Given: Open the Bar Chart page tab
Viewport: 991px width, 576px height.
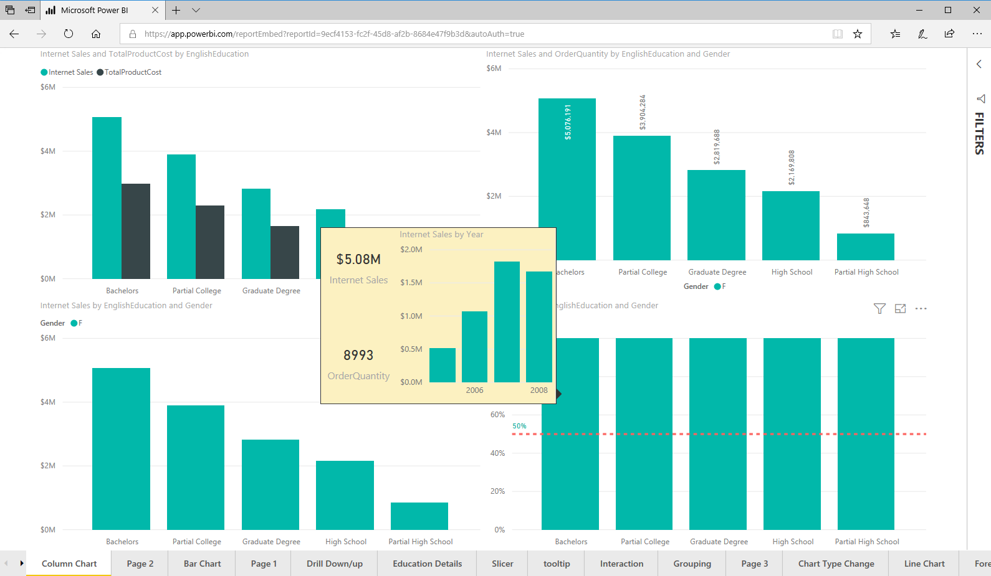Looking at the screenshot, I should (x=202, y=564).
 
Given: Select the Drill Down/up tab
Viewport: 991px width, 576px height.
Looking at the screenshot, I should (x=334, y=564).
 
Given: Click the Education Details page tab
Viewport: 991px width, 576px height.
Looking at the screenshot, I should (x=427, y=564).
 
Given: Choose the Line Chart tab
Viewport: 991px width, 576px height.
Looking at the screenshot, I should (x=924, y=564).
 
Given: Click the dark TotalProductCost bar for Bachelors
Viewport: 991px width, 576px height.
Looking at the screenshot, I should (x=136, y=231).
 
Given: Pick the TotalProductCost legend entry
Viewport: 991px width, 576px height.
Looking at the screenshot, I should (x=132, y=72).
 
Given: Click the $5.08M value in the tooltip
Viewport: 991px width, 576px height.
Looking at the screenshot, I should (x=358, y=259).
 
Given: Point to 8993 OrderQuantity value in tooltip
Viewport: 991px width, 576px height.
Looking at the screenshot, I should (x=358, y=355).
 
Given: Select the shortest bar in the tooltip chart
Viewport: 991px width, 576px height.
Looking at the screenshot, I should (x=443, y=365).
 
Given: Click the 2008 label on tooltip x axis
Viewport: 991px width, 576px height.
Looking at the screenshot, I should (x=539, y=390).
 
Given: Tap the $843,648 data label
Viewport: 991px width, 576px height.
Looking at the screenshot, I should (x=866, y=213).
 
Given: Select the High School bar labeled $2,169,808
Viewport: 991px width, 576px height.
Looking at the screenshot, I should (x=791, y=225).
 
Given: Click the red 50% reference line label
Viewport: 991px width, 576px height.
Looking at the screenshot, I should (x=519, y=426).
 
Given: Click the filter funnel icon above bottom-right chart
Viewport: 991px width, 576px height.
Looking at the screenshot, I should (x=879, y=309).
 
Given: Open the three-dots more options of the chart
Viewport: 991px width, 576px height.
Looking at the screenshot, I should (x=921, y=309).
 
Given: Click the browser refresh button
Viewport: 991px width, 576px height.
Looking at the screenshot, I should (x=69, y=34).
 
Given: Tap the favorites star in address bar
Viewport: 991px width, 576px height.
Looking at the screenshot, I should (x=858, y=34).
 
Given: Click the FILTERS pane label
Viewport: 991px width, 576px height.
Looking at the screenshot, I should (x=979, y=133).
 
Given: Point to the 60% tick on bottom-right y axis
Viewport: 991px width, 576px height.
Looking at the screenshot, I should (x=497, y=415).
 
